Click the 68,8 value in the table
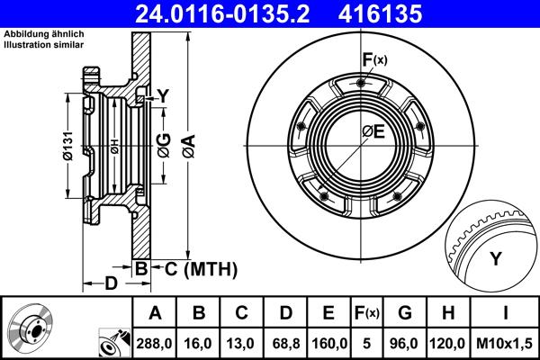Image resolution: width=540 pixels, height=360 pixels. [283, 341]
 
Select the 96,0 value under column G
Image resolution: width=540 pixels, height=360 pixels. [406, 341]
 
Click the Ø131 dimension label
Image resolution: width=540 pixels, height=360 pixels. [68, 146]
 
